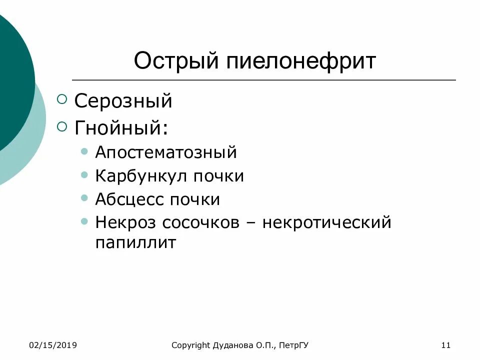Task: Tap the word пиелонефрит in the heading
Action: click(301, 61)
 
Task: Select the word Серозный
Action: click(123, 101)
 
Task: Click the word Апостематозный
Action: click(166, 152)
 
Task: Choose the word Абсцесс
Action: click(129, 199)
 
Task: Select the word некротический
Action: click(326, 222)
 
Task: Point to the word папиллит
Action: click(135, 243)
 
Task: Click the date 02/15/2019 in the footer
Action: click(52, 345)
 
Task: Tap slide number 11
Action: click(446, 345)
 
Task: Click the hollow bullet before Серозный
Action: click(62, 100)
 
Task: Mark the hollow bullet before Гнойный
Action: click(62, 126)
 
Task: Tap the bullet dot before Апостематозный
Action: click(84, 151)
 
